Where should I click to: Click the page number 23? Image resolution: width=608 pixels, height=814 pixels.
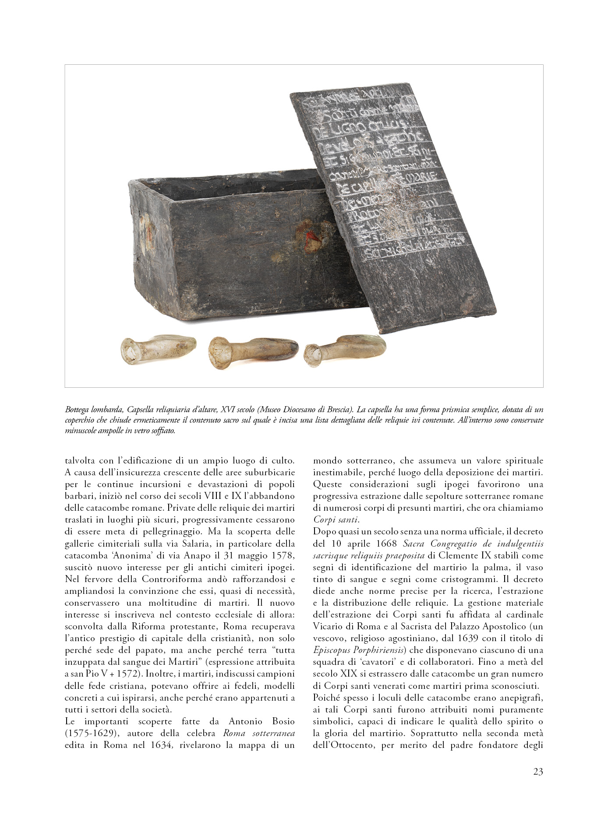(538, 772)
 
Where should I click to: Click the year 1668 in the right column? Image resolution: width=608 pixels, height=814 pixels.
(386, 544)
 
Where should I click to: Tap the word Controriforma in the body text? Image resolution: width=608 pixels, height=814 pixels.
(172, 579)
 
